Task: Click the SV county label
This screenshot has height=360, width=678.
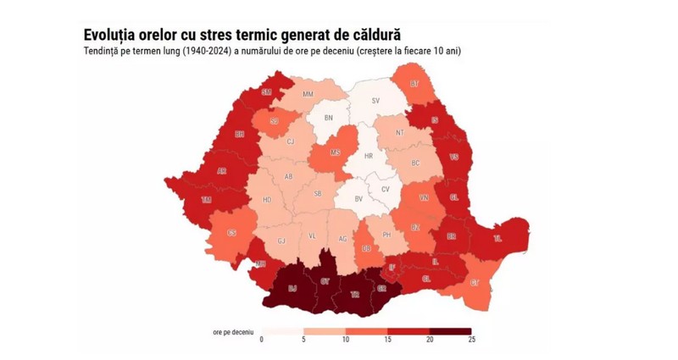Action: pyautogui.click(x=375, y=101)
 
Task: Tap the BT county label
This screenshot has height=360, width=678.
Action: pyautogui.click(x=414, y=84)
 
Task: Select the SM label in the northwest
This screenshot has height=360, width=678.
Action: pyautogui.click(x=266, y=92)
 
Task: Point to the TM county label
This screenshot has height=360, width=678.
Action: pyautogui.click(x=206, y=200)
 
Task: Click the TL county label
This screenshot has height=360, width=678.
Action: pyautogui.click(x=497, y=238)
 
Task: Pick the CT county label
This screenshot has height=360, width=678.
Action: pyautogui.click(x=475, y=281)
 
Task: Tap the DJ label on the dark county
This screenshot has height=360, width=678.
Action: pyautogui.click(x=292, y=289)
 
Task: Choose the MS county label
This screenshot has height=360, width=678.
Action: pyautogui.click(x=336, y=153)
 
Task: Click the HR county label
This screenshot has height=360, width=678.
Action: pyautogui.click(x=368, y=157)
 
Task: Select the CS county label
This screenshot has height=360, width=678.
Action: pyautogui.click(x=231, y=234)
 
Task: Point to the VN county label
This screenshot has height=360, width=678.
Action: pyautogui.click(x=424, y=198)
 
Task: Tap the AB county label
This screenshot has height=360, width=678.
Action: pyautogui.click(x=289, y=177)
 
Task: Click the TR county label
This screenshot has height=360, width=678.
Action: pyautogui.click(x=356, y=294)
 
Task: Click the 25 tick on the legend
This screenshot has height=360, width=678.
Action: pyautogui.click(x=471, y=339)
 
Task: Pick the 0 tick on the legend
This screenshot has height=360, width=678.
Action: pyautogui.click(x=261, y=339)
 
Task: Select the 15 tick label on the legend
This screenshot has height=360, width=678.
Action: pyautogui.click(x=387, y=339)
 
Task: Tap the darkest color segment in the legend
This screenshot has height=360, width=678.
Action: pyautogui.click(x=450, y=330)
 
